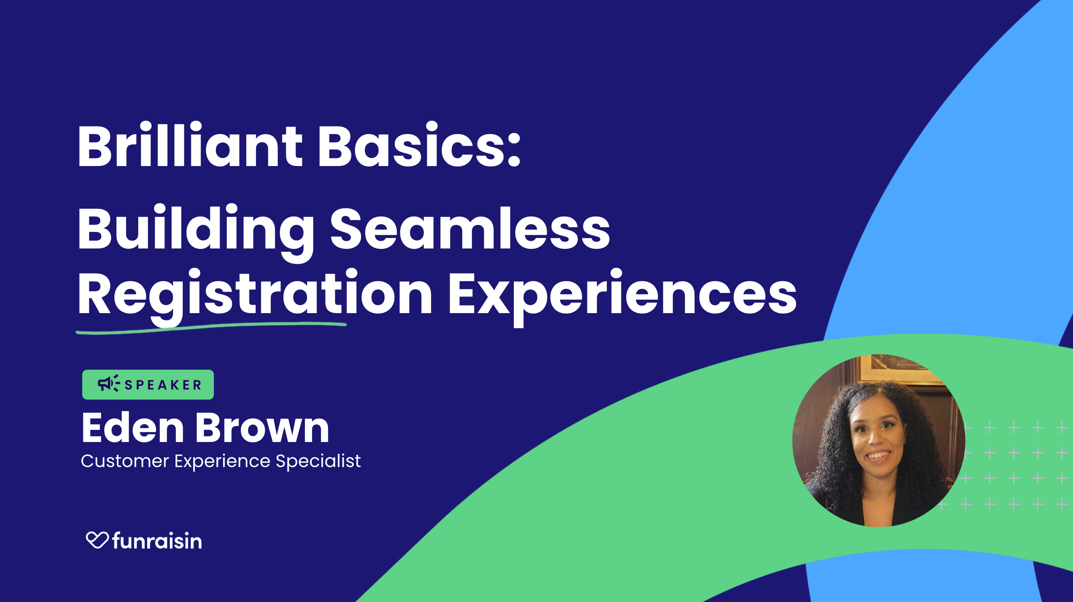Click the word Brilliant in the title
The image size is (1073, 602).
[190, 145]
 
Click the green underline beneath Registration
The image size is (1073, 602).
[211, 328]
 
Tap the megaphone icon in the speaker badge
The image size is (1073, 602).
[108, 383]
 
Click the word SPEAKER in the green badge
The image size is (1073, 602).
[163, 385]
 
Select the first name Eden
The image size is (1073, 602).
[133, 427]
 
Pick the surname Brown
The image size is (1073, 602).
[262, 427]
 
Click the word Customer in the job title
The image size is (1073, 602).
[125, 461]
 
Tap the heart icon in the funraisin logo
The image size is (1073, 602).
[97, 540]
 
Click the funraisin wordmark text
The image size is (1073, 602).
[157, 541]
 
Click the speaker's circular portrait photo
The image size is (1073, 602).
[879, 440]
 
